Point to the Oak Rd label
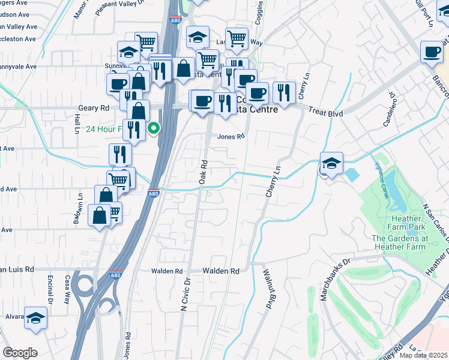point(203,172)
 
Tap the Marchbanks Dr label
point(337,273)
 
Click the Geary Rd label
point(94,108)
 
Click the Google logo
point(20,353)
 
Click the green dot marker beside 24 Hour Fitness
point(154,127)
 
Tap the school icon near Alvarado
point(36,317)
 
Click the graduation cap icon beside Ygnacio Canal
point(331,164)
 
